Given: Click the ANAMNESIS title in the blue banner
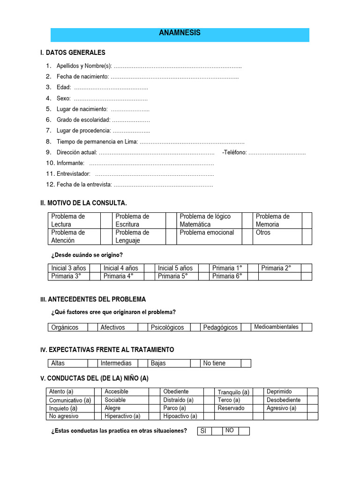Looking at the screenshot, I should (x=180, y=33).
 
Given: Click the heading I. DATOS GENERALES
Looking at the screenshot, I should (x=73, y=52).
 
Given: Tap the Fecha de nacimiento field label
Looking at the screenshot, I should (x=83, y=76).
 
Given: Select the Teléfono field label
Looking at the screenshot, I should (x=234, y=152).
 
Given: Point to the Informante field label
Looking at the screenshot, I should (x=71, y=163).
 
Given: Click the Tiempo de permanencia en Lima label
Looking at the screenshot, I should (x=97, y=142).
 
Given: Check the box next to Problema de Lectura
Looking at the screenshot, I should (x=106, y=220).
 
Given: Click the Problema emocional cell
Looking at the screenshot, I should (x=207, y=232).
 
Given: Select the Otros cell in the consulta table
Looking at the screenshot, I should (x=263, y=232).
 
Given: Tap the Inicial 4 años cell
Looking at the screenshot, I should (x=121, y=268).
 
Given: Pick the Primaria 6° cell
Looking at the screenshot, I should (x=227, y=276).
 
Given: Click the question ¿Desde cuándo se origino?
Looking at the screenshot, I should (x=87, y=255).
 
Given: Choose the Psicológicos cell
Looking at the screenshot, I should (x=167, y=327).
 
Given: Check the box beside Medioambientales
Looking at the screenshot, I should (x=307, y=327).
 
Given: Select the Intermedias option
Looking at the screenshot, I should (x=116, y=363).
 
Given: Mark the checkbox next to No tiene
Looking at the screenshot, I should (x=246, y=363).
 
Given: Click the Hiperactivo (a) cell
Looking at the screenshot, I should (x=122, y=416).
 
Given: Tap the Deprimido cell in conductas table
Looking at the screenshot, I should (x=279, y=391).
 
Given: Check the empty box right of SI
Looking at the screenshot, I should (x=217, y=431).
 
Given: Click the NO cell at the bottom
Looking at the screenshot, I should (x=230, y=431).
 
